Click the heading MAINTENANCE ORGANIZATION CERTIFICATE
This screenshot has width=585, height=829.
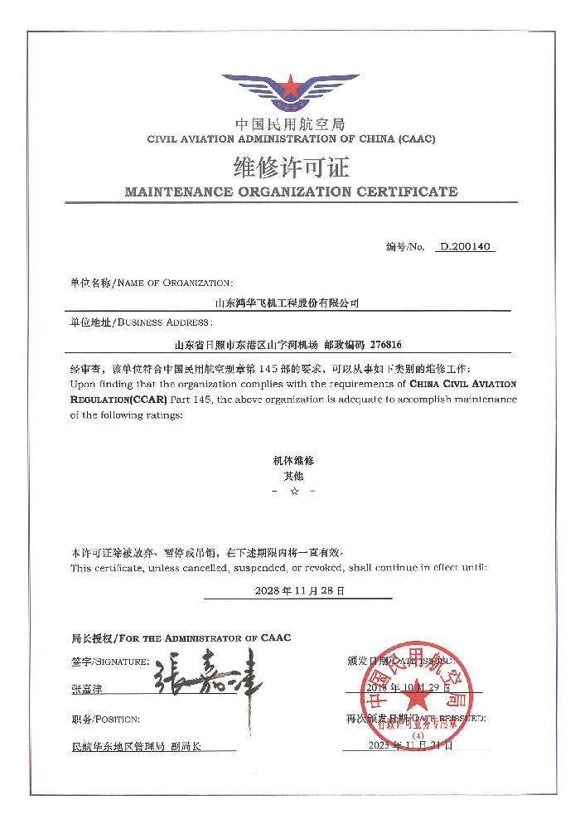291,191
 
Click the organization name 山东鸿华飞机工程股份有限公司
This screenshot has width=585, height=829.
288,304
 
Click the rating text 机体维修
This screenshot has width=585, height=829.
293,459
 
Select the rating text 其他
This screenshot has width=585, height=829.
293,476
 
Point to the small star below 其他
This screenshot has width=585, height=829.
293,492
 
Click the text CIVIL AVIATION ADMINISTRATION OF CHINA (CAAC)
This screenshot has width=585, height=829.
291,138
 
